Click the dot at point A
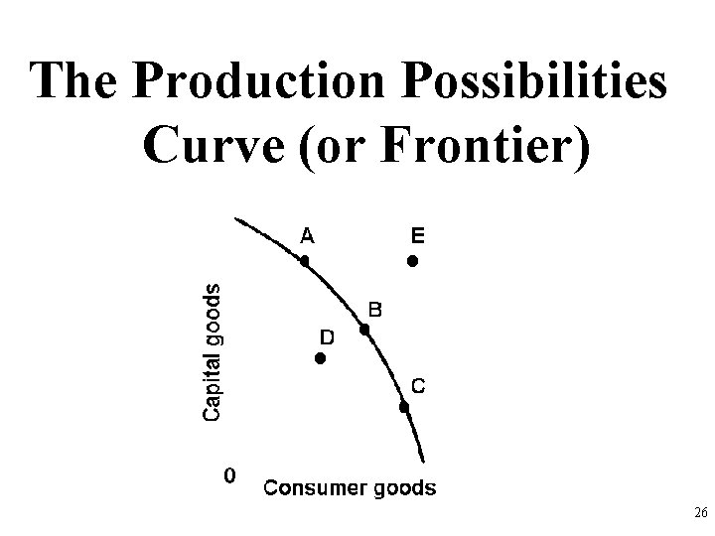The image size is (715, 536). (306, 261)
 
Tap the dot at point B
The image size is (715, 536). (365, 330)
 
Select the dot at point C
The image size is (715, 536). (404, 407)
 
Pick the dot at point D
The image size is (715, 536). (320, 358)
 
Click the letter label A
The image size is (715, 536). (308, 235)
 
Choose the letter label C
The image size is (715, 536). (420, 386)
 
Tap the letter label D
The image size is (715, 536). (327, 337)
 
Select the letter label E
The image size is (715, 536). (417, 235)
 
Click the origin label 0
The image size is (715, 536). (229, 475)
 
